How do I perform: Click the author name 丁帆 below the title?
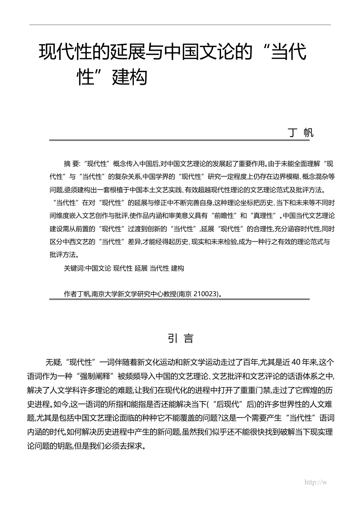point(301,133)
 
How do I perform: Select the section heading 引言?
point(180,338)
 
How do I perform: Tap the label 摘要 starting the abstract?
point(70,164)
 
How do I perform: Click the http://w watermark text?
point(316,482)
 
